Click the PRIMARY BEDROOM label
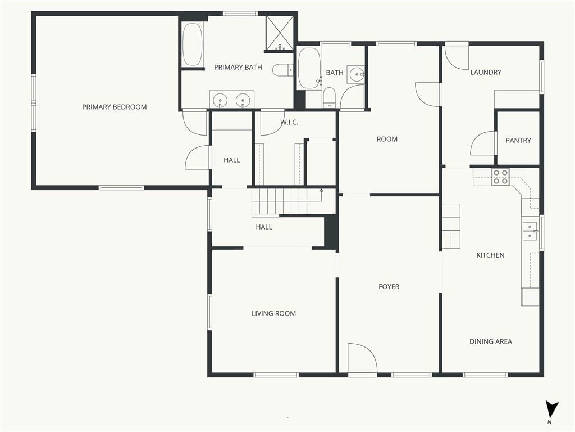coord(115,107)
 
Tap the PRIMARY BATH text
coord(238,67)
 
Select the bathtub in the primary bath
coord(192,44)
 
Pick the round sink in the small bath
coord(356,75)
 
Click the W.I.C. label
coord(289,122)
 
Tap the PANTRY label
coord(518,140)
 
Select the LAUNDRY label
coord(486,73)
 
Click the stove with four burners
coord(500,176)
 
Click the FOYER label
coord(389,286)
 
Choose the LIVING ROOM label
coord(273,313)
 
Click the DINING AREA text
coord(491,341)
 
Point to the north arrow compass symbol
coord(551,410)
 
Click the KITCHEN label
coord(490,255)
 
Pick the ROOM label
coord(387,139)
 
